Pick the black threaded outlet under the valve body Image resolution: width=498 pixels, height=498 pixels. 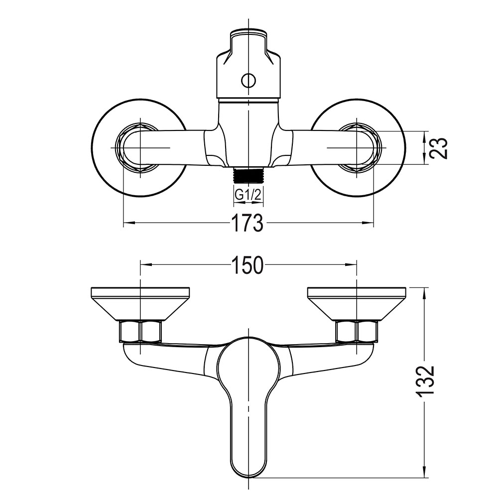click(x=248, y=176)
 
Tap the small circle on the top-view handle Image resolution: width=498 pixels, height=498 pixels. click(x=248, y=80)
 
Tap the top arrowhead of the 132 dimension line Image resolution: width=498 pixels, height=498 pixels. click(x=425, y=291)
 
